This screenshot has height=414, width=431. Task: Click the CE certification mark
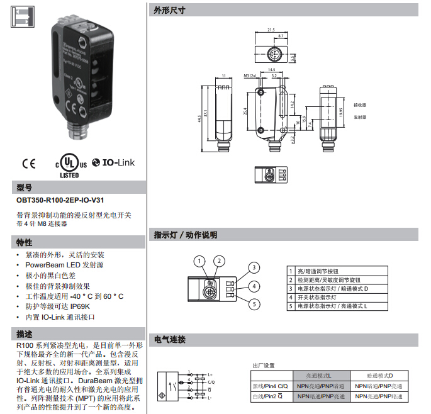tap(29, 164)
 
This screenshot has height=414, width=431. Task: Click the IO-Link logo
tap(113, 162)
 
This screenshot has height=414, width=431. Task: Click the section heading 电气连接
tap(170, 339)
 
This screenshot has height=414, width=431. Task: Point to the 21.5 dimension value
tap(271, 30)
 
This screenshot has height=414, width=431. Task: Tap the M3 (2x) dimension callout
tap(250, 76)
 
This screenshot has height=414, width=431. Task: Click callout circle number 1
tap(199, 261)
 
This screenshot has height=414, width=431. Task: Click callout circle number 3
tap(253, 267)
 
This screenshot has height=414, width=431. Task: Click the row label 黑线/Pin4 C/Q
tap(269, 386)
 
